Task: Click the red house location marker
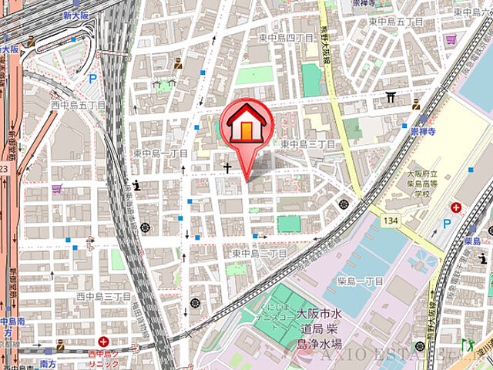[x=244, y=127]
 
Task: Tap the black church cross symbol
[x=228, y=166]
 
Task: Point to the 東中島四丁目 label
[x=285, y=38]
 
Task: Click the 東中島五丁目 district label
[x=396, y=22]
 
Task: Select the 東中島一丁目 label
[x=159, y=153]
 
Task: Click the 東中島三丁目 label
[x=307, y=144]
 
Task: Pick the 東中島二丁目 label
[x=260, y=253]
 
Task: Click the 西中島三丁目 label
[x=103, y=296]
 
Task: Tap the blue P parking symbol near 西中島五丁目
[x=92, y=78]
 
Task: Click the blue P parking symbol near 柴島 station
[x=447, y=224]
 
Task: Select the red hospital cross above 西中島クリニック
[x=103, y=341]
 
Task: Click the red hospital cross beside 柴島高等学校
[x=457, y=208]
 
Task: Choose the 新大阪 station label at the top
[x=78, y=15]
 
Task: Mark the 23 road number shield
[x=3, y=168]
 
